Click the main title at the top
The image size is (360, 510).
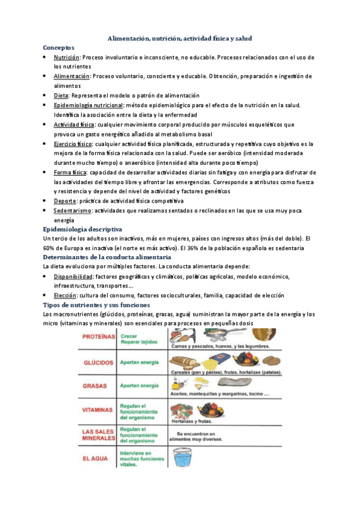tap(179, 38)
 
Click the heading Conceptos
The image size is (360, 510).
tap(58, 47)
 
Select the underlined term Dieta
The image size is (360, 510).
tap(61, 95)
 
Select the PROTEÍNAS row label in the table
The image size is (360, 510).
tap(100, 337)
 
